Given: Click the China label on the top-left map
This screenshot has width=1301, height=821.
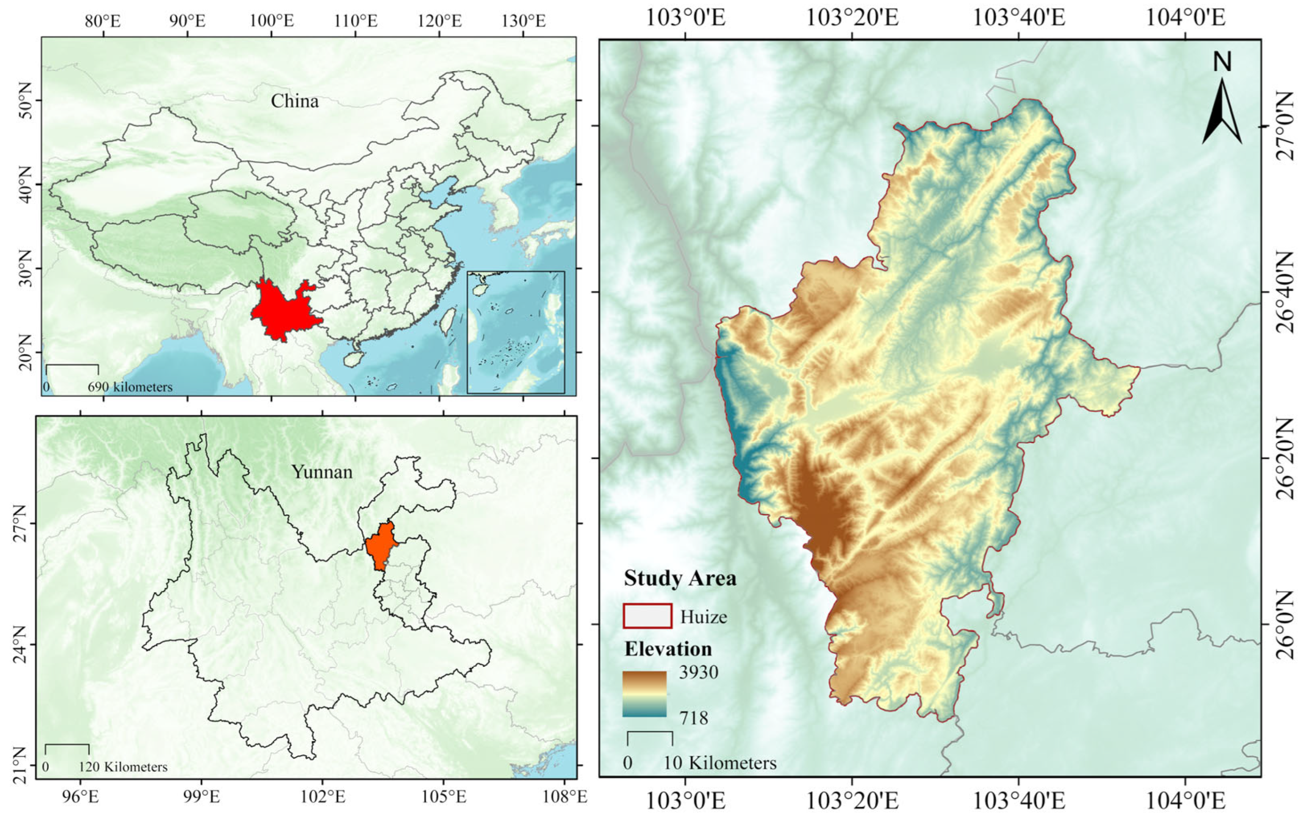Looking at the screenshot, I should pos(294,101).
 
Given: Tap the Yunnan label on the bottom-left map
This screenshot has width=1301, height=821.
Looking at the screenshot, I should pos(322,472).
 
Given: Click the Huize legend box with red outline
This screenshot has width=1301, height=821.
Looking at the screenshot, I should pos(647,616).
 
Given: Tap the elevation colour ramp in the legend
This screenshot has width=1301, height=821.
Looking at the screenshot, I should pos(644,694).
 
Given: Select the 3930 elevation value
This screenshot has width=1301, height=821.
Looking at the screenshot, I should pos(699,672).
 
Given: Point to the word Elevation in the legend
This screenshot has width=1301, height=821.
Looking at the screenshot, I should pos(668,649).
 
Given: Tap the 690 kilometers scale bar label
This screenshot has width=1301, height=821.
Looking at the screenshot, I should pos(130,387).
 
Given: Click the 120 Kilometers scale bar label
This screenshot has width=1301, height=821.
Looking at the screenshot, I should pos(123,767).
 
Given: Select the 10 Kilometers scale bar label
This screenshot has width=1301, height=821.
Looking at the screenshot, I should pos(720,763).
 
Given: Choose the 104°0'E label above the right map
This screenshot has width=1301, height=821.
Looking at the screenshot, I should pos(1185,17).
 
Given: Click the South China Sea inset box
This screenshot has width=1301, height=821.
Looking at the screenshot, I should pos(516,332).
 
